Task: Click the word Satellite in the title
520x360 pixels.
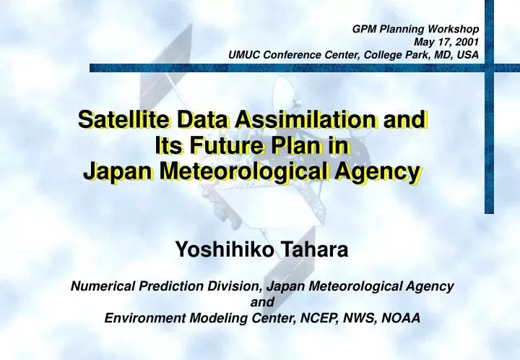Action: [x=121, y=120]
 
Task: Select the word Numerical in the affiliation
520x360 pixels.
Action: [x=99, y=286]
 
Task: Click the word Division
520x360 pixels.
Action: [x=229, y=286]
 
